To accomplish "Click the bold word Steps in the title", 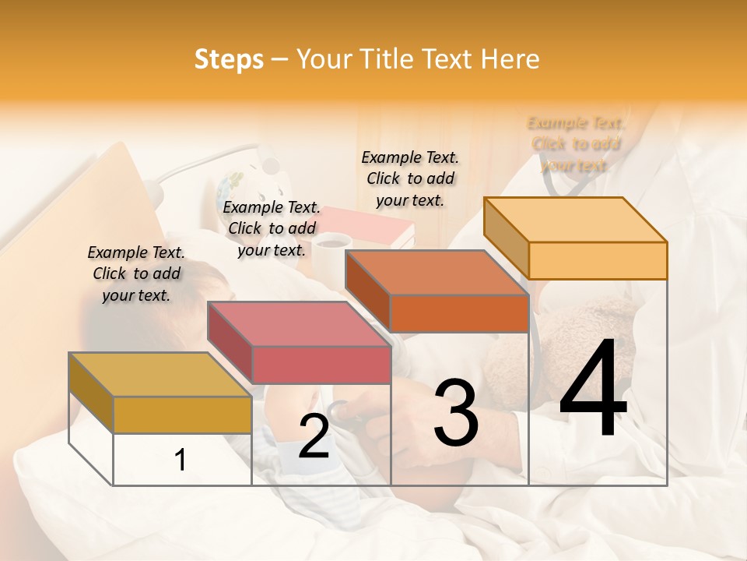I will click(229, 59).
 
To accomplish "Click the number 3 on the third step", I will click(456, 413).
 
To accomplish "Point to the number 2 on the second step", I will click(314, 436).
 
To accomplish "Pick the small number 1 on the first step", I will click(181, 460).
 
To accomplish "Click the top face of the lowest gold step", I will click(160, 374).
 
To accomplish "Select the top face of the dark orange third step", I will click(437, 273).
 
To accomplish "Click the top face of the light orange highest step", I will click(575, 220).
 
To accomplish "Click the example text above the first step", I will click(136, 273).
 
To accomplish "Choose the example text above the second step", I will click(272, 228).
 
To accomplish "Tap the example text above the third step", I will click(410, 178).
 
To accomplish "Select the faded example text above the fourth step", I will click(576, 144).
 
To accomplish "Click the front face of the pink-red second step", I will click(321, 365).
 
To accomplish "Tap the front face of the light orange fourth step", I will click(598, 260).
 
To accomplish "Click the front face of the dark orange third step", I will click(459, 313).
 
